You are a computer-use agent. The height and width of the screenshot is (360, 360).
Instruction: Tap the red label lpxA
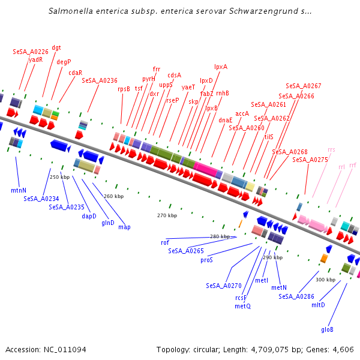click(221, 67)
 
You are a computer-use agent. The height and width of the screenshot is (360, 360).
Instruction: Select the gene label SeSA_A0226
click(31, 52)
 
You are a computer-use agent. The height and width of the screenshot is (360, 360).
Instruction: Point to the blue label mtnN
click(19, 190)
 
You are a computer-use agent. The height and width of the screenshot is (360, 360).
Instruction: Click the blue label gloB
click(327, 329)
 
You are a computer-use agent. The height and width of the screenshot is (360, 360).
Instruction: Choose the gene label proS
click(207, 260)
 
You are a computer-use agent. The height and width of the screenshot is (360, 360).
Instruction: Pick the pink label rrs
click(332, 149)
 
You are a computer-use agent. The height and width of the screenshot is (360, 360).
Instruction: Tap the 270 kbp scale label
click(167, 215)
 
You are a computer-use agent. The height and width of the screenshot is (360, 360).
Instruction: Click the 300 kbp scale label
click(325, 280)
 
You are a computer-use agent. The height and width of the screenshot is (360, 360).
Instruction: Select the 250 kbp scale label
click(60, 177)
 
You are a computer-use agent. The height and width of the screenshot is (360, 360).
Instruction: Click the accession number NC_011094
click(62, 350)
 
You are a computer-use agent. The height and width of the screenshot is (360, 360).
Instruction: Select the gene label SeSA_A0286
click(296, 296)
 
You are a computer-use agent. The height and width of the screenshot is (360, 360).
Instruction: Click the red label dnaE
click(226, 120)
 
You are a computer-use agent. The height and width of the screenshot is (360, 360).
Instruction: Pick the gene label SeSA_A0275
click(310, 160)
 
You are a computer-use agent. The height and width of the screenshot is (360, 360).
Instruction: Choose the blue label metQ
click(242, 306)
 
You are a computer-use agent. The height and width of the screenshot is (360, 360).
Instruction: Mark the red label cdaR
click(75, 73)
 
